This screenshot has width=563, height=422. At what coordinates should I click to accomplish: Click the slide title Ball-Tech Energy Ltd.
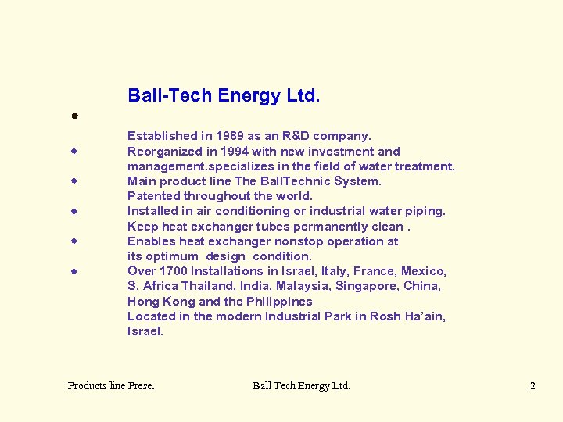click(x=224, y=96)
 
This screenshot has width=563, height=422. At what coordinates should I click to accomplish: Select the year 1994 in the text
click(x=235, y=152)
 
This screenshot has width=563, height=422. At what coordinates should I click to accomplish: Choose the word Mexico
click(x=423, y=271)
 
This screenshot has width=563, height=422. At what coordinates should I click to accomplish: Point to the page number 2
click(x=533, y=385)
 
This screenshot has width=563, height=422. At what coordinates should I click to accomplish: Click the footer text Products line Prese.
click(x=111, y=385)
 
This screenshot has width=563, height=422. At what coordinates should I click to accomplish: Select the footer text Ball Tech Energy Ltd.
click(x=301, y=385)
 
